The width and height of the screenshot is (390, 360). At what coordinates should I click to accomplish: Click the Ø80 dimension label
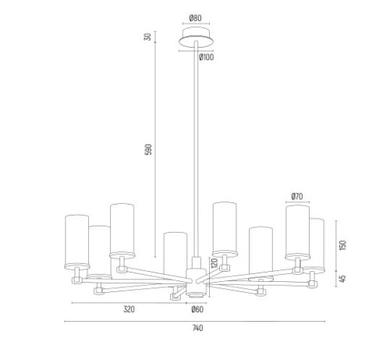(x=195, y=18)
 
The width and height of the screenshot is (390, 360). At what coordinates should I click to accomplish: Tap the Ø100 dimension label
(x=207, y=57)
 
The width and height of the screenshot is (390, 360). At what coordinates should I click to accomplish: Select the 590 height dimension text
(x=148, y=149)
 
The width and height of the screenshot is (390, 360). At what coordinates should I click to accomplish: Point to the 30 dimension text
(x=147, y=37)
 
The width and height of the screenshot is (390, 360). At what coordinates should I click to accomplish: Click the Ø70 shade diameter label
(x=297, y=196)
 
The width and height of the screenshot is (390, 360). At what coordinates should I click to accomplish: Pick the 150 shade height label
(x=343, y=245)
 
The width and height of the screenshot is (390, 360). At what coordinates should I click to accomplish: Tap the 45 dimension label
(x=343, y=279)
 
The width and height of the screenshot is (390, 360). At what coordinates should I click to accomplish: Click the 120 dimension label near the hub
(x=214, y=263)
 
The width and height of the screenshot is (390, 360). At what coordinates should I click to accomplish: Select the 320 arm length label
(x=129, y=309)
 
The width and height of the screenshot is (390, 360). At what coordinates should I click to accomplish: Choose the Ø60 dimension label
(x=197, y=309)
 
